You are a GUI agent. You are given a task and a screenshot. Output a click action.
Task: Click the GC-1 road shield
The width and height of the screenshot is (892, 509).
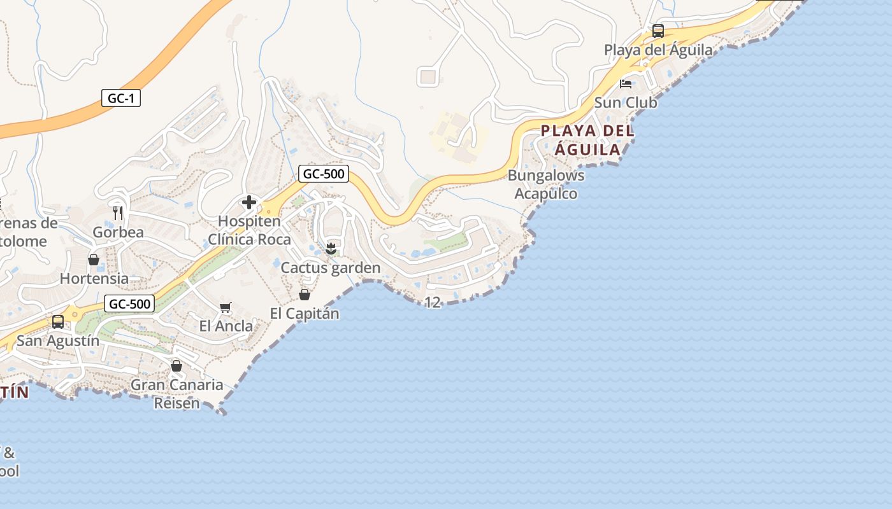[x=120, y=99]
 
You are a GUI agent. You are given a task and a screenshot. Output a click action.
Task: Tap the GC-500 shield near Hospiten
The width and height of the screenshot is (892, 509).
[x=324, y=174]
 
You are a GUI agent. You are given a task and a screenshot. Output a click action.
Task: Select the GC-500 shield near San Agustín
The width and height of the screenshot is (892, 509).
[x=129, y=304]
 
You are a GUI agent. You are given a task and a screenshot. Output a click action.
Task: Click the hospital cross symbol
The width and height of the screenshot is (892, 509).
[x=248, y=203]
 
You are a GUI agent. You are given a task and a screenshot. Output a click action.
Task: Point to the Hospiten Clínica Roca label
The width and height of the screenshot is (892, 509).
[x=249, y=230]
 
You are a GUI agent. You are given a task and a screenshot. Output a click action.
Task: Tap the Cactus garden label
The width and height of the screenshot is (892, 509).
[x=331, y=268]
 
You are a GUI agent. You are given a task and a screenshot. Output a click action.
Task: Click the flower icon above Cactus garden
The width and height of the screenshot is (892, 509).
[x=330, y=248]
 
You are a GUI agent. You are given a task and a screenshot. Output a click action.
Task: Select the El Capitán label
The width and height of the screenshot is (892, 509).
[x=305, y=314]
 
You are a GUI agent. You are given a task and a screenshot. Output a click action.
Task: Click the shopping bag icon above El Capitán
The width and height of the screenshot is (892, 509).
[x=305, y=295]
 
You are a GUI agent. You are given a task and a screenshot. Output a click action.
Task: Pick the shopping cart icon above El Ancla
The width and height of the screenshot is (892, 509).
[x=225, y=308]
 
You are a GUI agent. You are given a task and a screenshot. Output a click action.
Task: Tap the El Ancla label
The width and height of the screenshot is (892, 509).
[x=226, y=326]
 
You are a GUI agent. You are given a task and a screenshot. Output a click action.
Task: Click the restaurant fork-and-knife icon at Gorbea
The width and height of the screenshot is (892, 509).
[x=118, y=213]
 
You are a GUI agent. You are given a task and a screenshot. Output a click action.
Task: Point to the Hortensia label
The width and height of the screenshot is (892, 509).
[x=94, y=279]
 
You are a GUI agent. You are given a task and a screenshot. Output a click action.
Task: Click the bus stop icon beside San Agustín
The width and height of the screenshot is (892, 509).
[x=58, y=322]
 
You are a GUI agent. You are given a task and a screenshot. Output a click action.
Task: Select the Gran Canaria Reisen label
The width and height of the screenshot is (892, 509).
[x=177, y=394]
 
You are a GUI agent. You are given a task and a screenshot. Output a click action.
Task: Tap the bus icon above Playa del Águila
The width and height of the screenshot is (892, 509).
[x=658, y=31]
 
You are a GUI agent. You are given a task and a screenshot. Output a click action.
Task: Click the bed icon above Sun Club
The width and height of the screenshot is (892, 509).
[x=626, y=83]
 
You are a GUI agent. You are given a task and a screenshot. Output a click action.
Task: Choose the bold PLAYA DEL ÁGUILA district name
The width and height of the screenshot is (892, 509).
[x=587, y=140]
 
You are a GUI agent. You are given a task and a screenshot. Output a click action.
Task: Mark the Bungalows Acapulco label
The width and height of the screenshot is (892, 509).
[x=546, y=185]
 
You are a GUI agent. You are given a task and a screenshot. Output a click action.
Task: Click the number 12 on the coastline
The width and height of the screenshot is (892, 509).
[x=432, y=303]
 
